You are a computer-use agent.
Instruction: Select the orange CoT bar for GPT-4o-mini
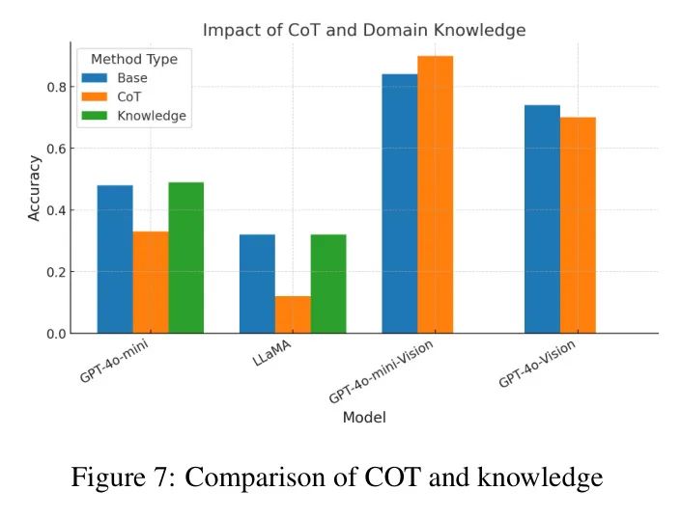[151, 282]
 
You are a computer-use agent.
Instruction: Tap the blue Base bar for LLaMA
[257, 284]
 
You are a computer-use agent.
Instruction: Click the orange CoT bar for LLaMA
[293, 314]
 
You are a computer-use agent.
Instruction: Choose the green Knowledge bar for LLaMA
[328, 284]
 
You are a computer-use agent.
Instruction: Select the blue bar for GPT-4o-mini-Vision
[400, 204]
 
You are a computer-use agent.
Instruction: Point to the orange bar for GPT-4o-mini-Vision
[435, 194]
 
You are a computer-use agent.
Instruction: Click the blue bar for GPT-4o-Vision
[542, 219]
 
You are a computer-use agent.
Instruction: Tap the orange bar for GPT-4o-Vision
[578, 225]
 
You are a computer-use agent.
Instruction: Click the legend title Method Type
[134, 59]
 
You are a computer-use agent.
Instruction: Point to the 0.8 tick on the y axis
[59, 87]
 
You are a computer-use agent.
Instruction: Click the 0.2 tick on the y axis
[59, 272]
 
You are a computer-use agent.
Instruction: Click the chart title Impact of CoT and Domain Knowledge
[364, 31]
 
